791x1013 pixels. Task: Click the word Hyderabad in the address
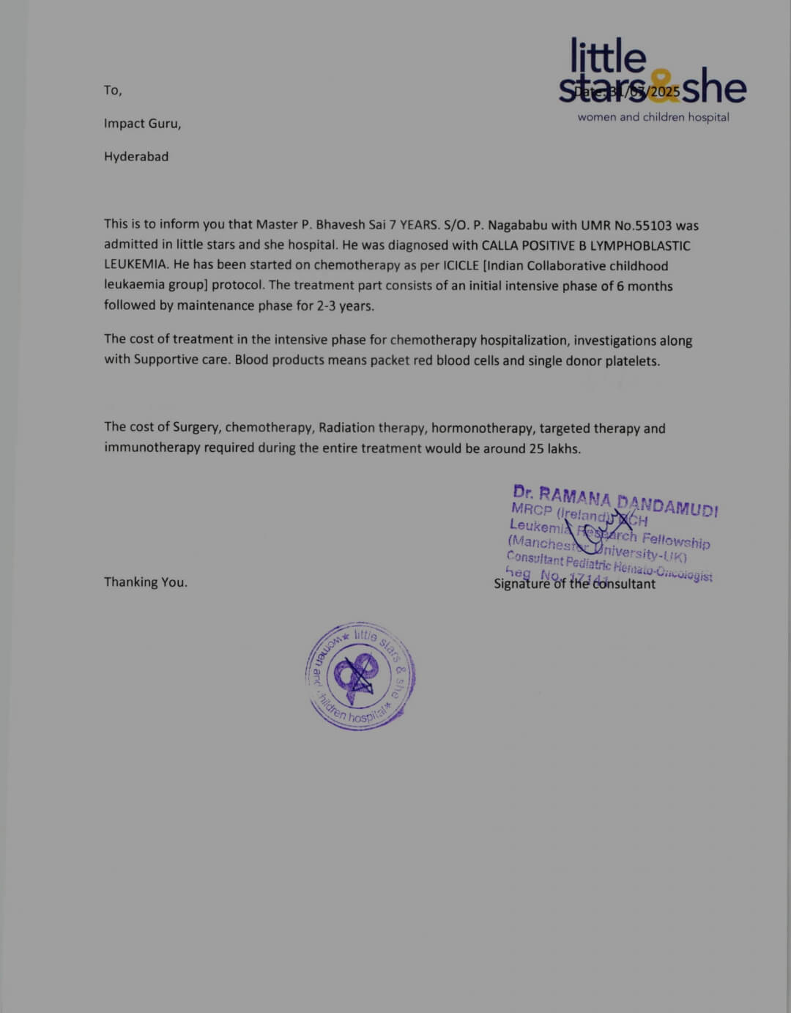136,157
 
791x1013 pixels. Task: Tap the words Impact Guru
142,124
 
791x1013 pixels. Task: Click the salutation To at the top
112,90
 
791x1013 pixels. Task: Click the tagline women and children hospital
653,117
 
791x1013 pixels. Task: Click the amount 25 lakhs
554,448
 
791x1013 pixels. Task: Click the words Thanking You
145,582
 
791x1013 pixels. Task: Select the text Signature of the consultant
574,584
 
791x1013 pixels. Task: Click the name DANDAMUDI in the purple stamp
666,505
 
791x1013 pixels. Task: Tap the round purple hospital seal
360,675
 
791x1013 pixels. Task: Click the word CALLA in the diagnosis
500,245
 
